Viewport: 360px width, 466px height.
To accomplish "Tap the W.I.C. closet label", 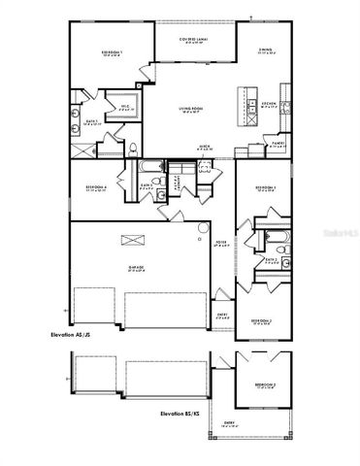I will pyautogui.click(x=124, y=109).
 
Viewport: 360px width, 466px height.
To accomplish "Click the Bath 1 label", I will pyautogui.click(x=81, y=122).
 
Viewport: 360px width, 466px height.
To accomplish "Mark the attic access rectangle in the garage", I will pyautogui.click(x=130, y=239).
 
